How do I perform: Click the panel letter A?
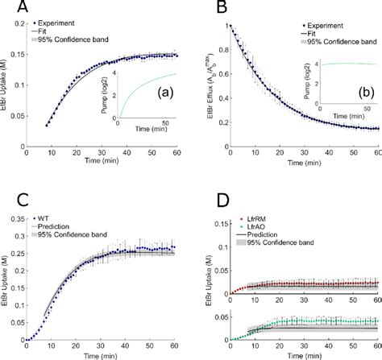(11, 9)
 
